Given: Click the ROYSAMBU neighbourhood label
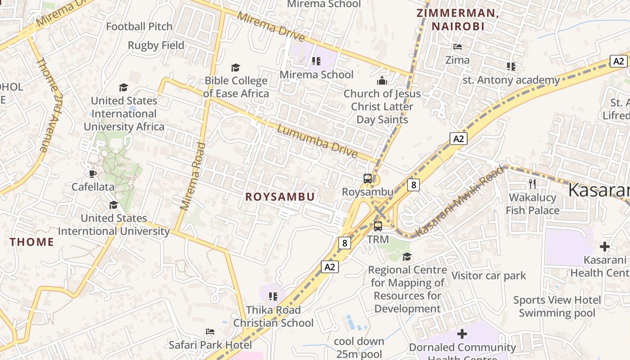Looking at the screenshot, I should coord(280,197).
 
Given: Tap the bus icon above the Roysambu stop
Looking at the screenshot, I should coord(368,179).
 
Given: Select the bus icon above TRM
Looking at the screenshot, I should coord(378,226).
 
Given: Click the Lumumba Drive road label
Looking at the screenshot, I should coord(317,141).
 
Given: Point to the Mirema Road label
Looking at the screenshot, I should coord(193,176).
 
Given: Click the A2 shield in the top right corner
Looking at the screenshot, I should coord(619,61).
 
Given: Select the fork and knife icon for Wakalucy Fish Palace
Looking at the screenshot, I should coord(532,184).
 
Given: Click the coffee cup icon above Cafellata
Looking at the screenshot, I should coord(93,174).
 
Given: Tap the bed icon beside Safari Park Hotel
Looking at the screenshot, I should coord(210,332).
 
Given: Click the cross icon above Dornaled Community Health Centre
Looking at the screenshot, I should coord(462,334).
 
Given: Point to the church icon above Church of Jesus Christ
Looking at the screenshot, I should coord(382,81).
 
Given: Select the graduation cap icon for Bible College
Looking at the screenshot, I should coord(235,67).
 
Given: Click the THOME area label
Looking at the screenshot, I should coord(32,242).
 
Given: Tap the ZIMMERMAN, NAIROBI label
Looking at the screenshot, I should coord(458,19).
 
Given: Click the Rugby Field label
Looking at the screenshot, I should coord(156,45).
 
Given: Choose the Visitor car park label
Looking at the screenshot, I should coord(489,275).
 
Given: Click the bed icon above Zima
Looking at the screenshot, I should coord(457,47).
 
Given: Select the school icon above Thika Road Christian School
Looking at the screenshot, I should coord(273,296).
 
